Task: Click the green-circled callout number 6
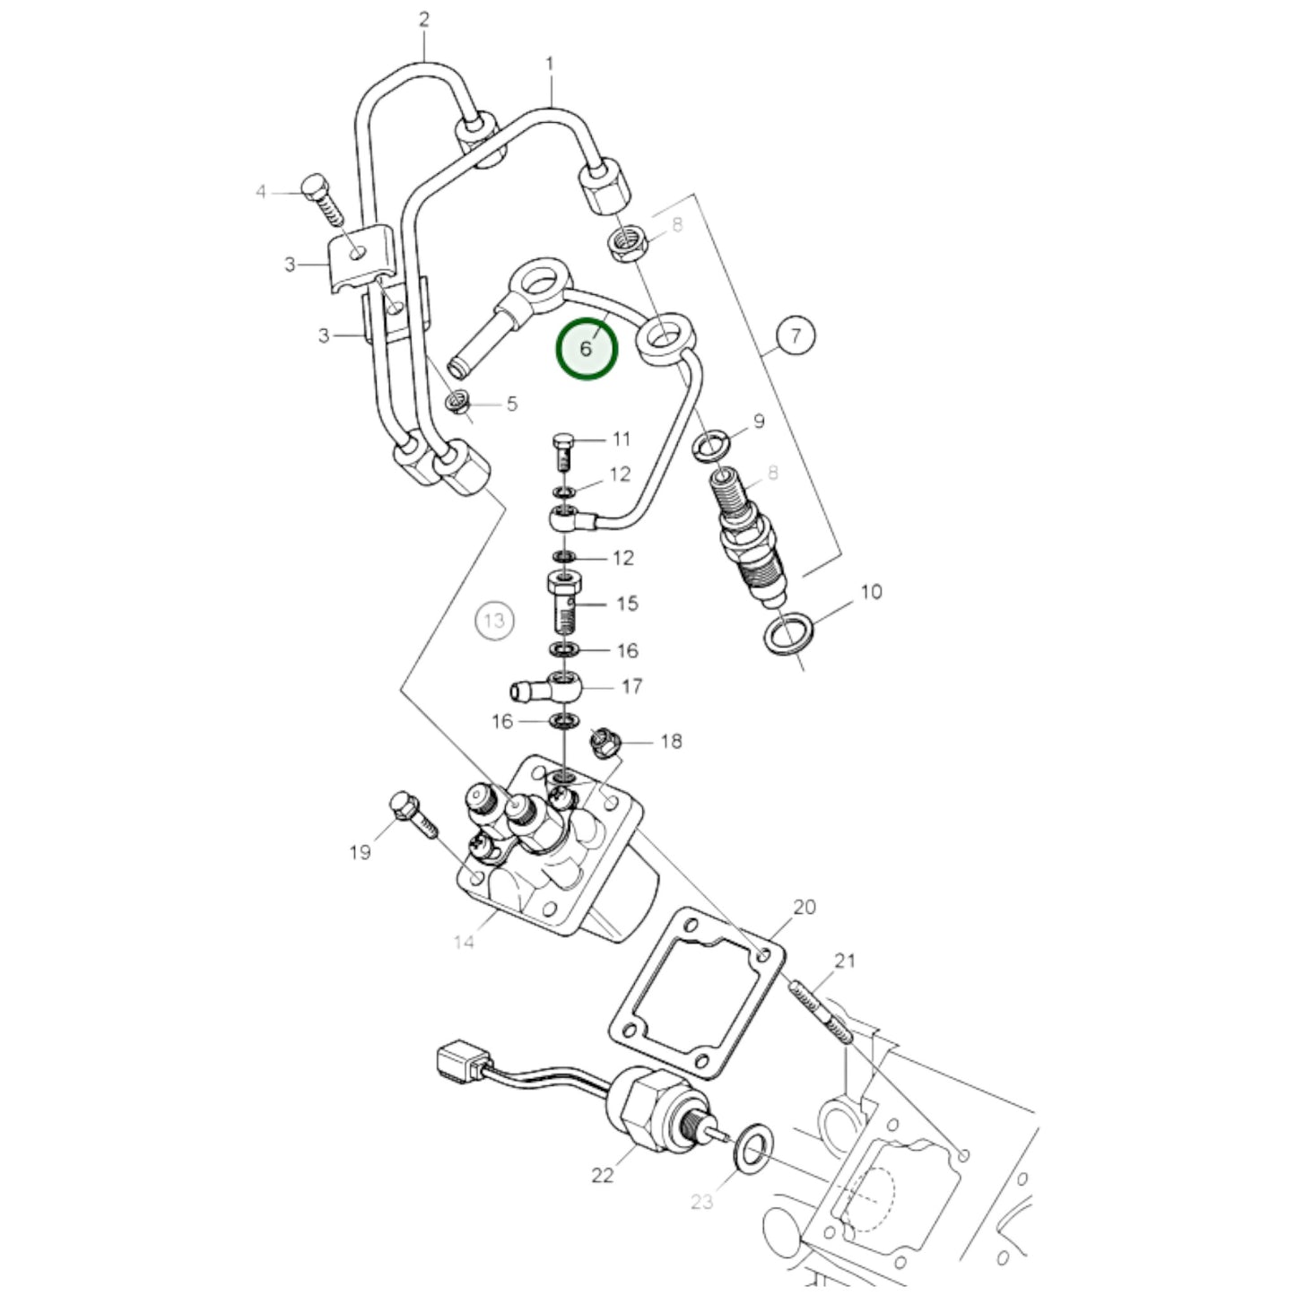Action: point(587,348)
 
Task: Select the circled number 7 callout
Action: point(796,337)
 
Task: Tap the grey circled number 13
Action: point(494,621)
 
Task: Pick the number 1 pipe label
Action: point(550,65)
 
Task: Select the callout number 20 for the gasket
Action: point(805,907)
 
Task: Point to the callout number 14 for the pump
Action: point(464,943)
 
